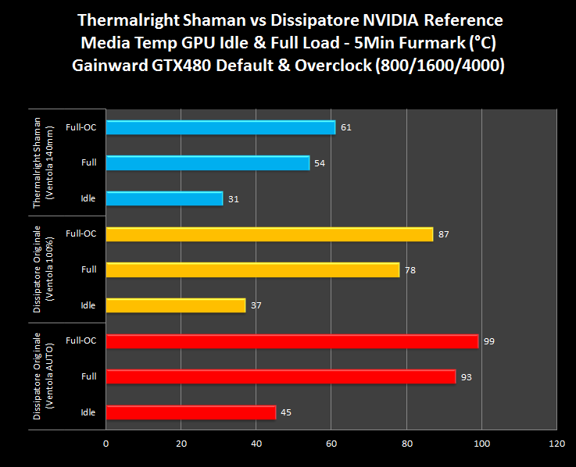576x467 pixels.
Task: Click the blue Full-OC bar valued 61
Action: click(220, 127)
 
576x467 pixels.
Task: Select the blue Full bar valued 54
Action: click(207, 162)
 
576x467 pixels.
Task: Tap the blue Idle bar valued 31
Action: click(164, 198)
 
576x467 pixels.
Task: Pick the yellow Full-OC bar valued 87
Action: click(269, 233)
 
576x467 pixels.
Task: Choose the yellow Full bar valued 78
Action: click(252, 269)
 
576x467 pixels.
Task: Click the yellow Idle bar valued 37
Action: click(175, 305)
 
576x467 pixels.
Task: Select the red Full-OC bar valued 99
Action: click(292, 340)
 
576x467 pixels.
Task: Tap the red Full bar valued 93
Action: click(281, 376)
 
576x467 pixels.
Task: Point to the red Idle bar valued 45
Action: click(190, 412)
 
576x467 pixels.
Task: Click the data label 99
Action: click(490, 341)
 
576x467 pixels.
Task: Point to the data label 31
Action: click(234, 199)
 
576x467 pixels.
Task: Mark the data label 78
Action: click(410, 270)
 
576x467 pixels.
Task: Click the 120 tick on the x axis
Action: click(556, 444)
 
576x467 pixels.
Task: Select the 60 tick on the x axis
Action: click(331, 444)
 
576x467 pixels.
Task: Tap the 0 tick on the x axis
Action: click(106, 444)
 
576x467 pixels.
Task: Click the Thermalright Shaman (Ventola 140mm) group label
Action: click(42, 162)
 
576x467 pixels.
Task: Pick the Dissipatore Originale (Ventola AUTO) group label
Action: click(42, 376)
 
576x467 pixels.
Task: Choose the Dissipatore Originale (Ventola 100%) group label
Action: click(42, 269)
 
